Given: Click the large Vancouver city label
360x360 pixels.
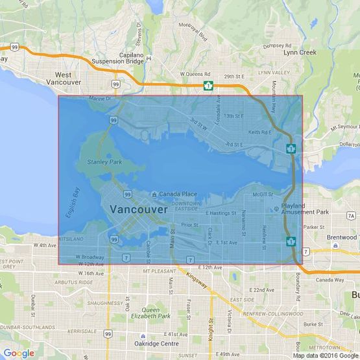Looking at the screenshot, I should pos(139,210).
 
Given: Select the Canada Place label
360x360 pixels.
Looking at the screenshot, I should pos(178,194).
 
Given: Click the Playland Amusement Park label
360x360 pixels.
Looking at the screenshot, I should pos(306,209).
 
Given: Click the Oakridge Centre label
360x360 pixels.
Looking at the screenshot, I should pos(161,343).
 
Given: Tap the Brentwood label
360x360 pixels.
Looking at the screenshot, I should pos(342,237).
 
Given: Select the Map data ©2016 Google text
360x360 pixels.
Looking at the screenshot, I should pos(325,355).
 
